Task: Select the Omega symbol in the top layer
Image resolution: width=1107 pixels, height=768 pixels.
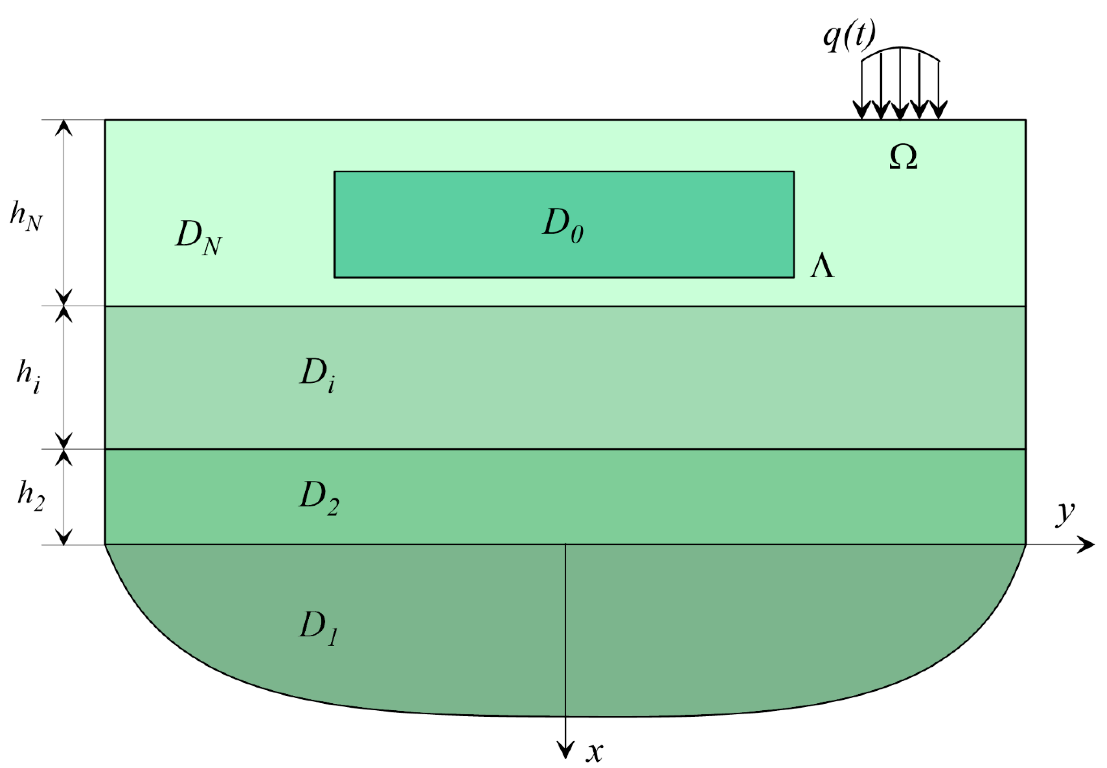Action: click(903, 158)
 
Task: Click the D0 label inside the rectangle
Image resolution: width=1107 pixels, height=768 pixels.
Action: click(563, 225)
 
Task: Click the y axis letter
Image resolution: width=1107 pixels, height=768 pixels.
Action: click(1065, 514)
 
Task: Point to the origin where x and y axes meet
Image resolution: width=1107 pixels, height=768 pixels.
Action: click(565, 545)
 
